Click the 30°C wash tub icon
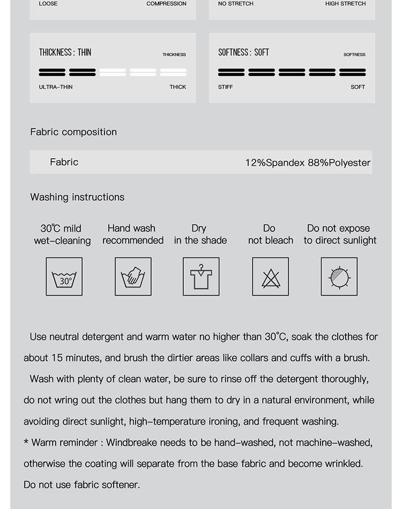point(64,276)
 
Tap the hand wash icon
point(133,276)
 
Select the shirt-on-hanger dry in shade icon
point(201,276)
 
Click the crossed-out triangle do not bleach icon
point(270,276)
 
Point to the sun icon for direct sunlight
point(339,276)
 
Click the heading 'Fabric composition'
point(73,132)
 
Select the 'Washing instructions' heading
point(77,197)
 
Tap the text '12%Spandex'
point(275,162)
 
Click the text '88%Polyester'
point(339,162)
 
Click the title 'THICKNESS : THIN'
point(65,53)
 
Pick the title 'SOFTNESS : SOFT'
point(244,53)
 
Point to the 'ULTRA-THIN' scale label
point(56,87)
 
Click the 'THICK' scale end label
point(178,87)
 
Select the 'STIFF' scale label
point(226,87)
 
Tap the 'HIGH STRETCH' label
point(345,4)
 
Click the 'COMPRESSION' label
point(166,4)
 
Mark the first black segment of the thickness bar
point(52,72)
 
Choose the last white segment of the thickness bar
point(173,72)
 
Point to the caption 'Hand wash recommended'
point(133,234)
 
